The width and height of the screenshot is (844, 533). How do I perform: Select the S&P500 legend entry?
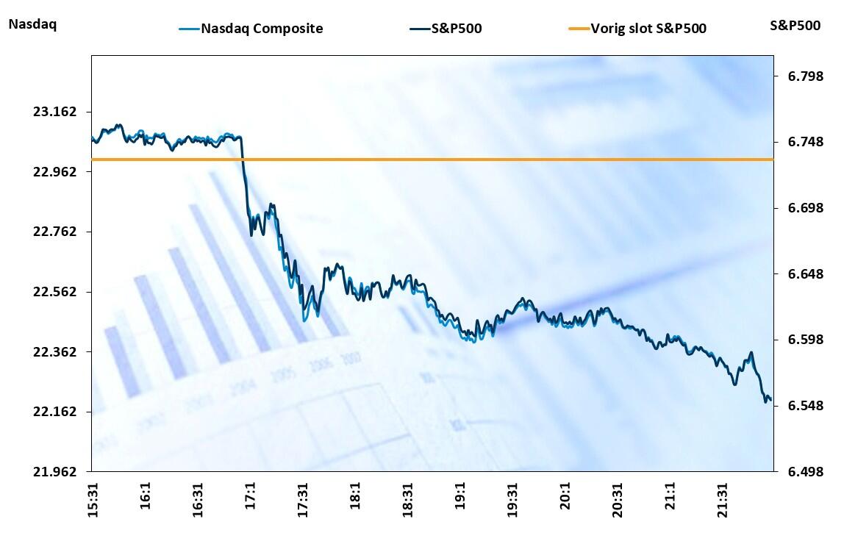[x=456, y=29]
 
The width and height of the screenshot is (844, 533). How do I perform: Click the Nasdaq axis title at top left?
[x=32, y=24]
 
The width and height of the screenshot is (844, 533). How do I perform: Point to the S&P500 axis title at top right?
[x=795, y=25]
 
